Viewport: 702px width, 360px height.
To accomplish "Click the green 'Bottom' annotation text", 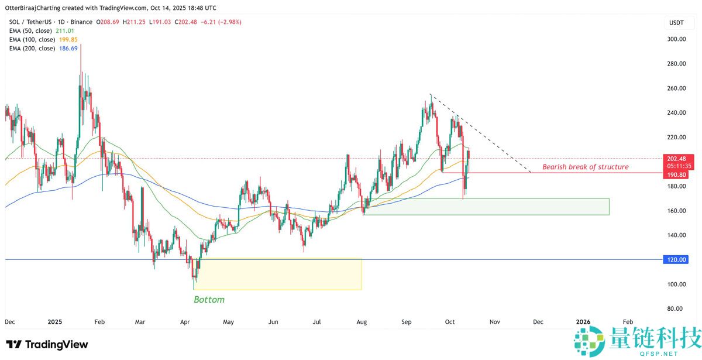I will click(209, 300).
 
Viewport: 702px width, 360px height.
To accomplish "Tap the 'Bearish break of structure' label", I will click(585, 167).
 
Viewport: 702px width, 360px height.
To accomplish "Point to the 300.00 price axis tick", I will click(676, 39).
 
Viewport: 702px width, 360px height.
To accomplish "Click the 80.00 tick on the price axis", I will click(676, 308).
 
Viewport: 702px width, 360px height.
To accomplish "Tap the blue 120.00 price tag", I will click(678, 259).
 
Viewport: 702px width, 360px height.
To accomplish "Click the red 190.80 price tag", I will click(679, 174).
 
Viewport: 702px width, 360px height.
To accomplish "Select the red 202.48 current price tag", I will click(679, 158).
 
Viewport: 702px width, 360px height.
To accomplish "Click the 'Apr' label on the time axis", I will click(185, 322).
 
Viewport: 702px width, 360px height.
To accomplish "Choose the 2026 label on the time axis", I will click(583, 322).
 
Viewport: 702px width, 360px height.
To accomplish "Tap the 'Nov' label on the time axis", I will click(494, 322).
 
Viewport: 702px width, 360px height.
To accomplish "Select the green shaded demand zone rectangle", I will click(486, 206).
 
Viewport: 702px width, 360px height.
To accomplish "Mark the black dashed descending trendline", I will click(480, 132).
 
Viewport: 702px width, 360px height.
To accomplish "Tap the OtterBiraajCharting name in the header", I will click(35, 8).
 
